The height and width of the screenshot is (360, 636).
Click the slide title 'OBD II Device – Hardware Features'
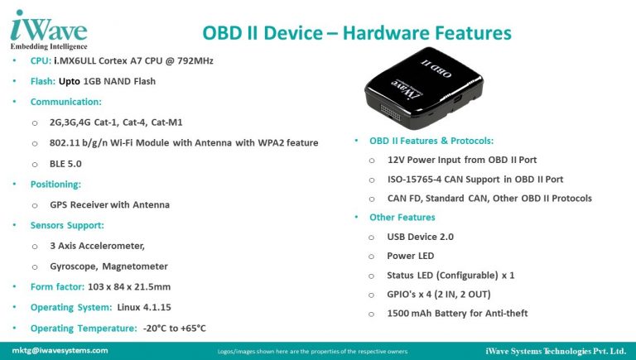pyautogui.click(x=357, y=33)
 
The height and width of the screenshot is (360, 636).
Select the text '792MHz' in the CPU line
pyautogui.click(x=192, y=62)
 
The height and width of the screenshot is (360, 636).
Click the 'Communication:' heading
pyautogui.click(x=66, y=103)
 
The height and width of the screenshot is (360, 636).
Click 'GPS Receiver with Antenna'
pyautogui.click(x=109, y=204)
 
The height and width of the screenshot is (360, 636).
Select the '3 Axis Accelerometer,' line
pyautogui.click(x=97, y=246)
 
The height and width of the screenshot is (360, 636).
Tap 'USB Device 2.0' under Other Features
pyautogui.click(x=421, y=237)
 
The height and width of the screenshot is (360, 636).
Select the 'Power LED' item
pyautogui.click(x=411, y=256)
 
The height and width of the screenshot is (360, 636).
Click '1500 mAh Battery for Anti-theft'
pyautogui.click(x=457, y=313)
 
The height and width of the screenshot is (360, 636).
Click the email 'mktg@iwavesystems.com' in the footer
pyautogui.click(x=60, y=350)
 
